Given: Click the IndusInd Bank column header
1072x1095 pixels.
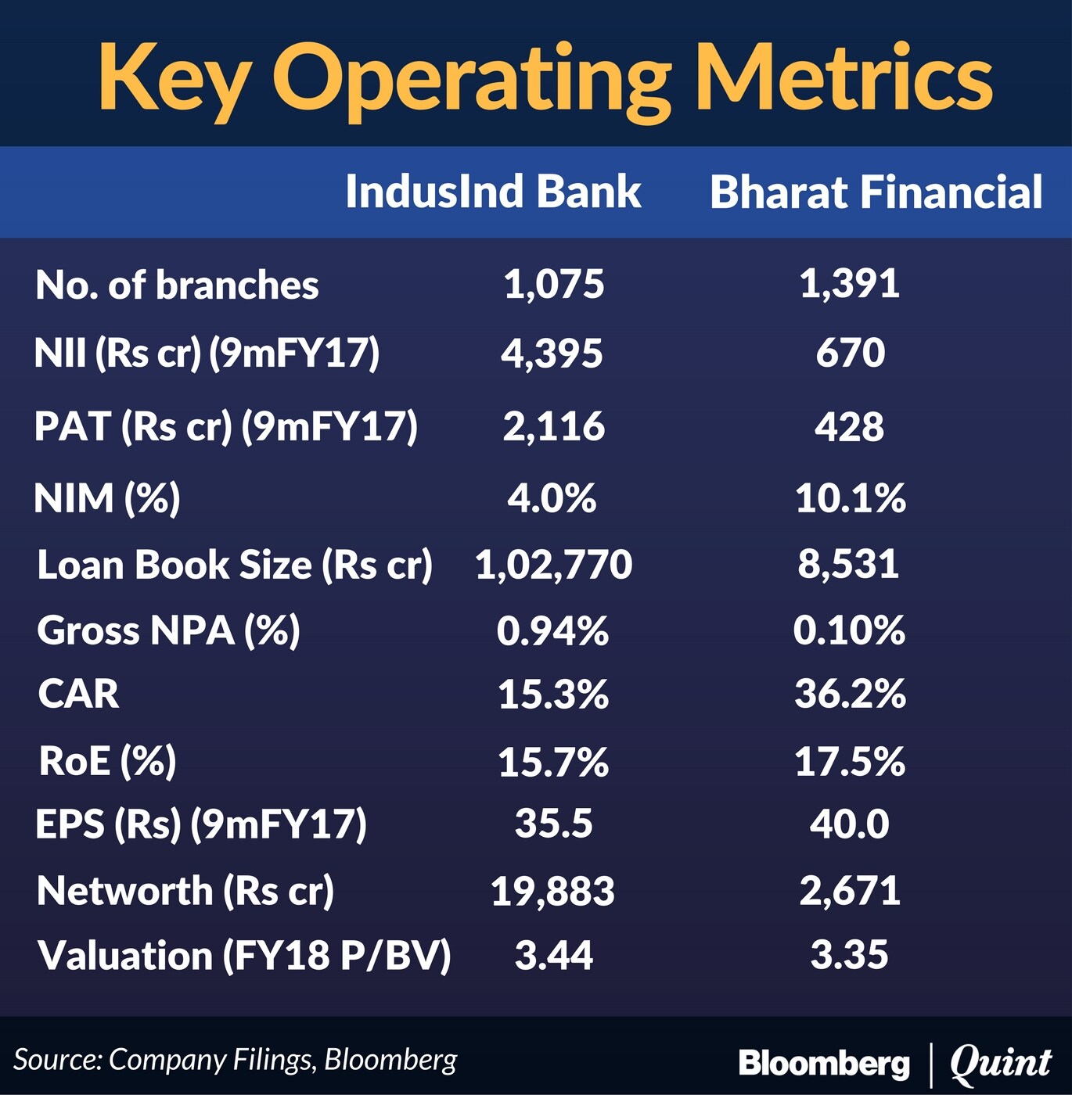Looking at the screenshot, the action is point(493,192).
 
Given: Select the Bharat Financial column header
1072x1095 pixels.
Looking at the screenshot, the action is point(876,192).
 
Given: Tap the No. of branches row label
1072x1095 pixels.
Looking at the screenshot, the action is point(177,285).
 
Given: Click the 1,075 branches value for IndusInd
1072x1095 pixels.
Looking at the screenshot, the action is point(554,284).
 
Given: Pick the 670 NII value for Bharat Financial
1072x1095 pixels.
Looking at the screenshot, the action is point(851,354).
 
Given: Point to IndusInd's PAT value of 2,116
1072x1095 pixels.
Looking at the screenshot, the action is point(554,426).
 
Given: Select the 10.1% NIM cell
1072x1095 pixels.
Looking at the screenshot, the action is point(851,498).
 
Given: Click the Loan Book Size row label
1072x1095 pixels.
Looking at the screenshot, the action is point(235,565).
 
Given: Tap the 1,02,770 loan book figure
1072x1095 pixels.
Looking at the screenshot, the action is point(554,565).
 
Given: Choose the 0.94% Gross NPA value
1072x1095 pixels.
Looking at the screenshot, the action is point(552,630).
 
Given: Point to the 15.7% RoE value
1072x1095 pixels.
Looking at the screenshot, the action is point(553,763).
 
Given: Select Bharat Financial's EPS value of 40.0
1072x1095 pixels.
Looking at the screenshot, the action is point(850,824).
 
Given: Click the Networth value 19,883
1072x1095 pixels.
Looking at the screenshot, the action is point(553,892).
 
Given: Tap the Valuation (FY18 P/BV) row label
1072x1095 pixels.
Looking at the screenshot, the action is point(244,956).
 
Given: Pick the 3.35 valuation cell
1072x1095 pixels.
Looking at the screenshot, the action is point(850,955).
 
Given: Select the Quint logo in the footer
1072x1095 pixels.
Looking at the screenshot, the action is point(1001,1062).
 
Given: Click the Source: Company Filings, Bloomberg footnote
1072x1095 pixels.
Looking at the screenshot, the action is point(235,1060).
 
